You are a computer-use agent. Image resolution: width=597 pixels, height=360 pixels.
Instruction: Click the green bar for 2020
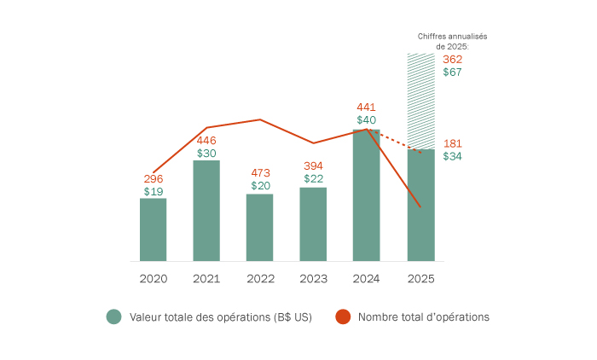click(x=154, y=229)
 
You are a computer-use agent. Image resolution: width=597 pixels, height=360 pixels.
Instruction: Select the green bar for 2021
click(x=206, y=211)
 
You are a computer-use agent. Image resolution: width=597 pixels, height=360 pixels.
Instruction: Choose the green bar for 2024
click(x=366, y=195)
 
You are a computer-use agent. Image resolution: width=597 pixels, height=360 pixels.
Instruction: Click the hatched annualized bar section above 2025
click(x=420, y=101)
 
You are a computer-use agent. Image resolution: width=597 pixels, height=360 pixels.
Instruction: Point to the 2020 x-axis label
click(x=154, y=278)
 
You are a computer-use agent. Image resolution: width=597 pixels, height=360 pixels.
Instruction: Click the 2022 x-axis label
click(x=259, y=278)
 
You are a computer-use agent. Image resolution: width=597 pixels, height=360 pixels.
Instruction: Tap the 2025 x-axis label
click(x=420, y=278)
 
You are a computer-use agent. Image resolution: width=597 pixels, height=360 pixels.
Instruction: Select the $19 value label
click(x=154, y=192)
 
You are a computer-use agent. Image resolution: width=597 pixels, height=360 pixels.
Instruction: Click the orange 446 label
click(x=206, y=141)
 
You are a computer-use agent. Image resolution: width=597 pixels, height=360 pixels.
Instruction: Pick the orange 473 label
click(x=260, y=172)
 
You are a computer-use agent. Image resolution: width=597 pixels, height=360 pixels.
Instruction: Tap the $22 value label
click(x=313, y=178)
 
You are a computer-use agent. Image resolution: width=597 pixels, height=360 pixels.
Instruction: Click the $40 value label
click(x=366, y=120)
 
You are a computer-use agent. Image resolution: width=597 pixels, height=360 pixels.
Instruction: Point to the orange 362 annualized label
click(x=453, y=59)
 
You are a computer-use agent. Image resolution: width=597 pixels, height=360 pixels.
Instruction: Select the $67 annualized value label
click(x=453, y=73)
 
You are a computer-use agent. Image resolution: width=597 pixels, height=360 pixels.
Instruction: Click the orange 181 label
click(x=453, y=143)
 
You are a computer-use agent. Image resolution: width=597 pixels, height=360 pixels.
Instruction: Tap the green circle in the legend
click(x=114, y=316)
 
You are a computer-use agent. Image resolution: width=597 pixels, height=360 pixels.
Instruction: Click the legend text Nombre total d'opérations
click(x=423, y=316)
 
